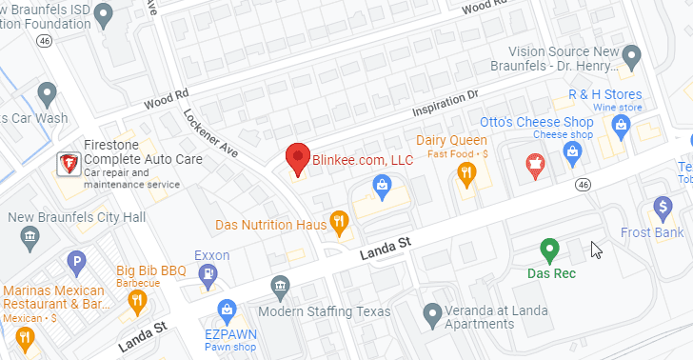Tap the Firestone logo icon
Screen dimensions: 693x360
click(x=69, y=165)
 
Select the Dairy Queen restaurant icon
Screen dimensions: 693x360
click(x=465, y=172)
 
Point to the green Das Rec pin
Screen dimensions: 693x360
click(x=548, y=250)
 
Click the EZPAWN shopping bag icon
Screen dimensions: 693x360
click(x=227, y=309)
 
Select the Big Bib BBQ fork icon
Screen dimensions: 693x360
click(x=137, y=300)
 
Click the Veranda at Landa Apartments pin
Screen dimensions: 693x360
click(x=433, y=312)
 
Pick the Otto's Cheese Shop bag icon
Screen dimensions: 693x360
click(x=573, y=152)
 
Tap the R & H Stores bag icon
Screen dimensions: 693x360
click(x=622, y=124)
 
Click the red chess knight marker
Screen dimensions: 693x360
click(x=535, y=167)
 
